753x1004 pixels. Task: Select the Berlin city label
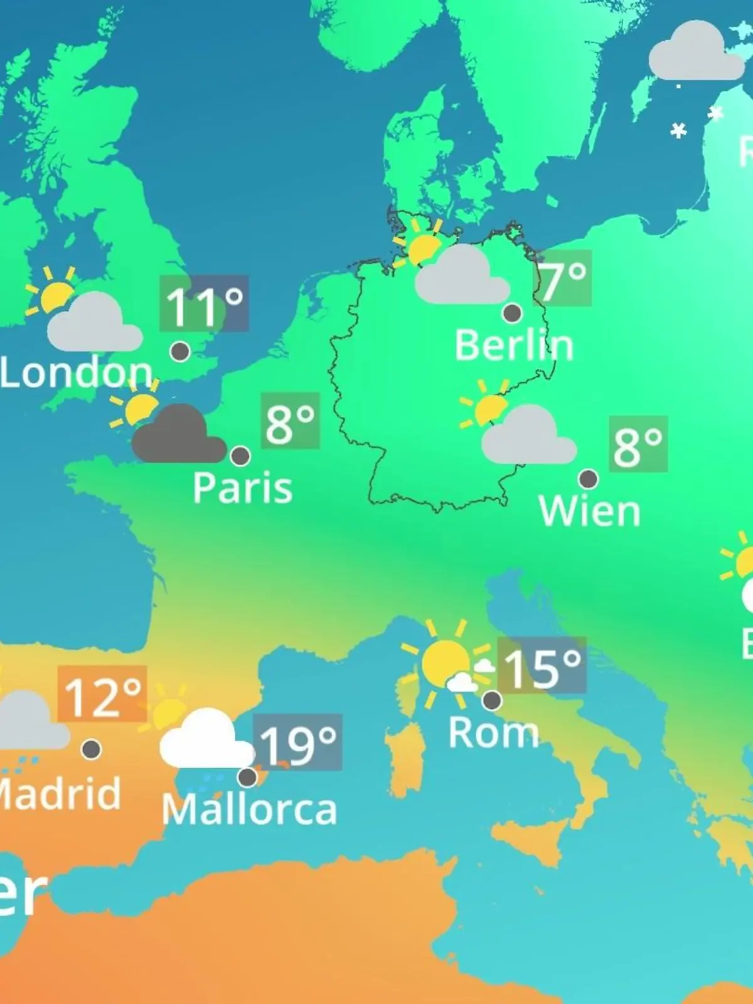tap(514, 345)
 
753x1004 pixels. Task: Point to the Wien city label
tap(589, 511)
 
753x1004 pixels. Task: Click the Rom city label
tap(494, 732)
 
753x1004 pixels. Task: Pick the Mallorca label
tap(249, 809)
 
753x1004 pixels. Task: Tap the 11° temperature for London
tap(204, 304)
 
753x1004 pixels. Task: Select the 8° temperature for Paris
tap(290, 422)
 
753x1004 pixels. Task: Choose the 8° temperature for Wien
tap(638, 445)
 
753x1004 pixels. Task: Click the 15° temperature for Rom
tap(542, 666)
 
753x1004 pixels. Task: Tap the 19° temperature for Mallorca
tap(297, 744)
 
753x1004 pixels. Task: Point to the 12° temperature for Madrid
tap(102, 695)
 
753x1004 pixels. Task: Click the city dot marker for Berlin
tap(513, 312)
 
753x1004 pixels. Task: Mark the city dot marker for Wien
tap(588, 479)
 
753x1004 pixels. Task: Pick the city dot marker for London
tap(180, 351)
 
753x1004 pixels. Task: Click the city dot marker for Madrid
tap(92, 749)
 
